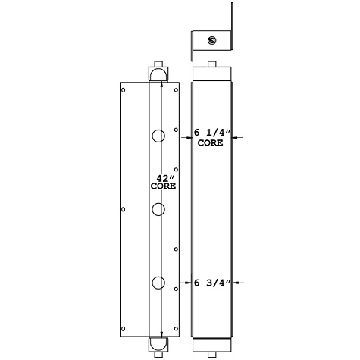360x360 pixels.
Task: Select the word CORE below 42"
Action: (x=163, y=186)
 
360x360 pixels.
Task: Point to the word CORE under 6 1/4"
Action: (x=210, y=142)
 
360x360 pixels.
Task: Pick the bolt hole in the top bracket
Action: (x=211, y=40)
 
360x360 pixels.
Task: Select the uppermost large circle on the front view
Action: (x=158, y=136)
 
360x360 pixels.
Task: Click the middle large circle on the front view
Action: (x=158, y=209)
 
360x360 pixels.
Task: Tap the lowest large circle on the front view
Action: (x=158, y=283)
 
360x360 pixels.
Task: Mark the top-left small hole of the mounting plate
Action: (x=123, y=89)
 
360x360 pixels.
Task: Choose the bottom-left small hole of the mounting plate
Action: (x=123, y=329)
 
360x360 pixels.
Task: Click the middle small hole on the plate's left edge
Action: (x=123, y=209)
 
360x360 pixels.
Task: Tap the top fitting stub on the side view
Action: (x=211, y=64)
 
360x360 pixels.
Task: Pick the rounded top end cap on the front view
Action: (x=158, y=74)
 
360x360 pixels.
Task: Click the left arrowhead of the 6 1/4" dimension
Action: (x=189, y=137)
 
